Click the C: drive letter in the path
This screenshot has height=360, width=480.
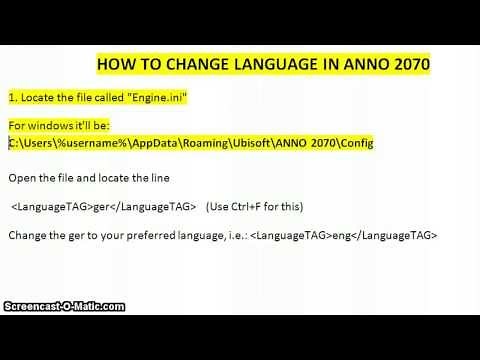[13, 143]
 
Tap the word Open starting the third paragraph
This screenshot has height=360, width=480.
[22, 177]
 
